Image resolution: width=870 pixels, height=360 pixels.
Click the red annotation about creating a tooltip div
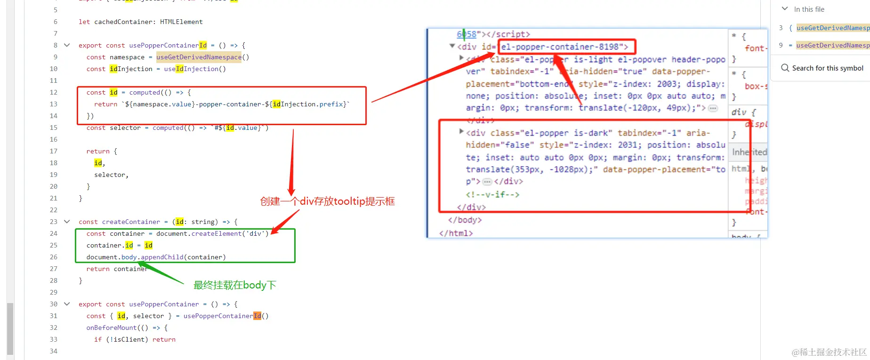(327, 201)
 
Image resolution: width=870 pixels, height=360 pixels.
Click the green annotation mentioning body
(234, 285)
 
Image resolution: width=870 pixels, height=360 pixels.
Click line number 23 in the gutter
(54, 222)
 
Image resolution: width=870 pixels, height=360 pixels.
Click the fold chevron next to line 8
(67, 45)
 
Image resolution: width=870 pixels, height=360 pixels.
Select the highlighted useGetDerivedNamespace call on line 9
(199, 57)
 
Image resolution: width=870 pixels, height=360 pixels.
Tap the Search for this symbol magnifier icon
(785, 68)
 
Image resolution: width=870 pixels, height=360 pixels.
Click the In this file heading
(809, 9)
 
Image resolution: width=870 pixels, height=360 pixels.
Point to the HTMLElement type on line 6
(181, 22)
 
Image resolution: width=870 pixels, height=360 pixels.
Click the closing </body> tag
(465, 220)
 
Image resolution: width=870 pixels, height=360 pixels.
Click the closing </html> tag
(456, 233)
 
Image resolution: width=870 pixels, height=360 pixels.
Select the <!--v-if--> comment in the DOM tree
(492, 194)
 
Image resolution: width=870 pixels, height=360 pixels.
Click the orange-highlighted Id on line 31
(257, 316)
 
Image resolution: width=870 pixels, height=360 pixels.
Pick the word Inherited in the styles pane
(749, 152)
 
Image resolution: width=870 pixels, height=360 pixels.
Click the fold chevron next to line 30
(67, 304)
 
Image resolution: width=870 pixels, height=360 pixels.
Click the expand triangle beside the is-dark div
(461, 132)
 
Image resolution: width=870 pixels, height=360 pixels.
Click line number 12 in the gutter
(54, 92)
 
